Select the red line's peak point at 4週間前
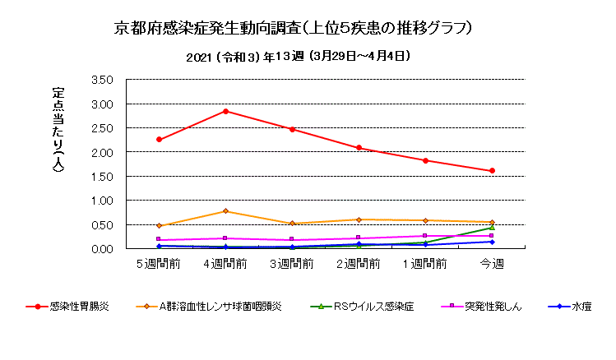point(225,111)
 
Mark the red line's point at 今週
point(492,171)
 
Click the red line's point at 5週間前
point(159,140)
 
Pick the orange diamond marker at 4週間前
point(225,211)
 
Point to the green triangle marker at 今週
point(492,228)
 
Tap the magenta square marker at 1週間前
point(425,236)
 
